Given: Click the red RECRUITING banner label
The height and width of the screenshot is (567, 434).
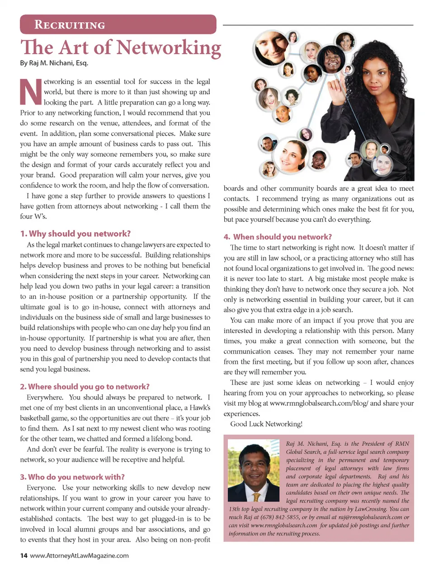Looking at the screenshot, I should click(x=70, y=25).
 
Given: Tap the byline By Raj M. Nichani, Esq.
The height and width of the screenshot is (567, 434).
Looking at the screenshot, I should click(x=54, y=63).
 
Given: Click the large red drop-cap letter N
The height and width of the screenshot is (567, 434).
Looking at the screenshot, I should click(x=31, y=92).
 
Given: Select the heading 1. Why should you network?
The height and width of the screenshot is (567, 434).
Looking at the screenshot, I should click(x=75, y=234).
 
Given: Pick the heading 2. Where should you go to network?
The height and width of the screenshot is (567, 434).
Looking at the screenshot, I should click(x=85, y=387).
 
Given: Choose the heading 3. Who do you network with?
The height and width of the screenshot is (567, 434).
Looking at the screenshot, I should click(x=72, y=477).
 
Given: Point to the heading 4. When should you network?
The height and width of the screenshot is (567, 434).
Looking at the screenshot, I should click(x=278, y=237).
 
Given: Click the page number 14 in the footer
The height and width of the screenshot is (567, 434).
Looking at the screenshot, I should click(x=24, y=556).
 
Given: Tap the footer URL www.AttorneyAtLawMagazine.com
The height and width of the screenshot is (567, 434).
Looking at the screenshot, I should click(x=79, y=556).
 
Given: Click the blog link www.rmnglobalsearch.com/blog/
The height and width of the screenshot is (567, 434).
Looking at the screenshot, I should click(x=319, y=403).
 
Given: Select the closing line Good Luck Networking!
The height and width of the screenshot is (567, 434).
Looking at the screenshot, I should click(x=266, y=424).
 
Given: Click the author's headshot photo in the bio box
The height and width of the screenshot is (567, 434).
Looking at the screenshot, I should click(x=254, y=471).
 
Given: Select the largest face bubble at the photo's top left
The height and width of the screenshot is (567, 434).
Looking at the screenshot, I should click(x=271, y=46).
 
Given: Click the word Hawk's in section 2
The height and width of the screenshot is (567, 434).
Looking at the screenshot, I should click(x=199, y=408).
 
